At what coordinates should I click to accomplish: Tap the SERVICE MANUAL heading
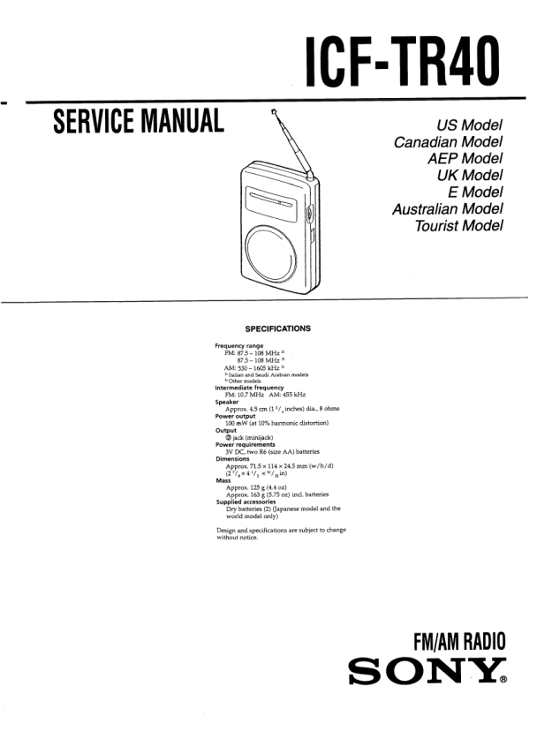click(x=139, y=121)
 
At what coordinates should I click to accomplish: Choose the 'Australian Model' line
click(x=448, y=209)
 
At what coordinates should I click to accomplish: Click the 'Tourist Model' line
click(x=459, y=226)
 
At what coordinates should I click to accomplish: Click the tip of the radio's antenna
click(x=275, y=113)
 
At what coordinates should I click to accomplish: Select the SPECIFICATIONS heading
click(x=271, y=328)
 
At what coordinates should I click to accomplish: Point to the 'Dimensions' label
click(x=233, y=459)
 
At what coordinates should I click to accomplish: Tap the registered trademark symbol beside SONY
click(x=503, y=681)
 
